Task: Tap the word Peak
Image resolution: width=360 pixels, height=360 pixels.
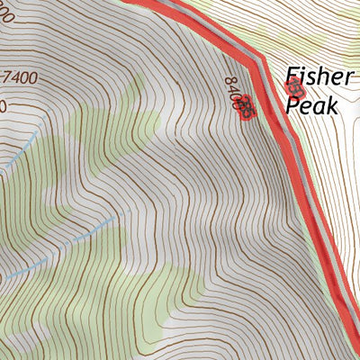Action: pos(311,105)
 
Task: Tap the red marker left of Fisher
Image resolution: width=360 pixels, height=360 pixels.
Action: pos(293,87)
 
